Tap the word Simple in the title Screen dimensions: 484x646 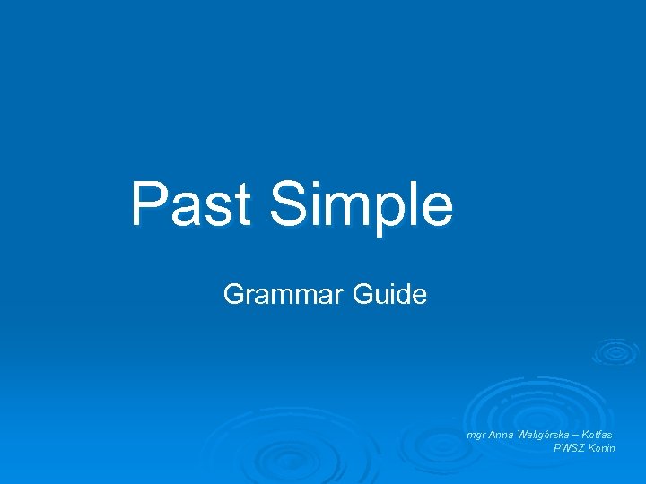361,205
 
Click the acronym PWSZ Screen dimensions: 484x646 572,447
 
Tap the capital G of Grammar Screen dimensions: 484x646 233,294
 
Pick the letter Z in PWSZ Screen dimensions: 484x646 583,447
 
